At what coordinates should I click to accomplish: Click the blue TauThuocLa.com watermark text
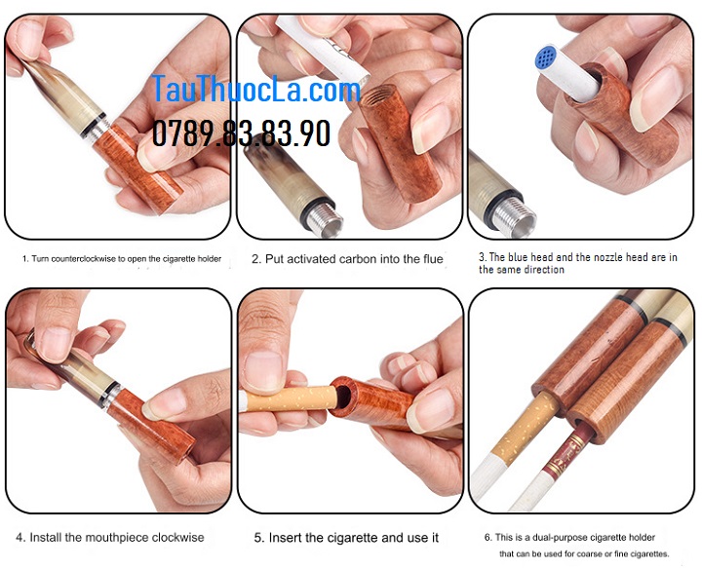[256, 90]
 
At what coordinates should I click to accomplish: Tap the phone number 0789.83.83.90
[242, 133]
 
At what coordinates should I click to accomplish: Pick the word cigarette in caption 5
[352, 538]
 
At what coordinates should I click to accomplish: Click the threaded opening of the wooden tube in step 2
[377, 96]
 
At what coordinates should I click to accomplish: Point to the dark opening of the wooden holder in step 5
[344, 397]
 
